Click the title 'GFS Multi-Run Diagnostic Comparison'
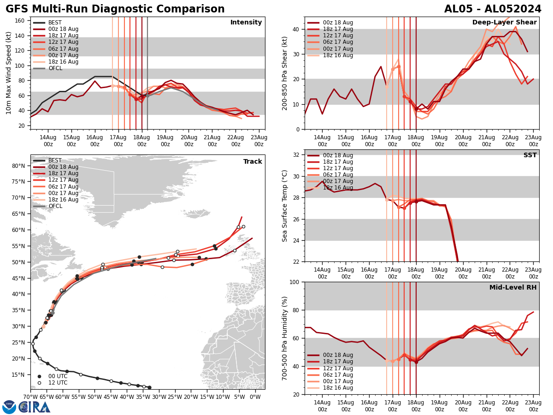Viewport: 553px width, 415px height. pyautogui.click(x=115, y=9)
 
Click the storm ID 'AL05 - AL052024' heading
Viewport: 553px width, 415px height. pyautogui.click(x=493, y=9)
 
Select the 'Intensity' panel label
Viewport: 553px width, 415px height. pyautogui.click(x=246, y=23)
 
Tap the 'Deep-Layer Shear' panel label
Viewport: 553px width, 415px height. pyautogui.click(x=504, y=23)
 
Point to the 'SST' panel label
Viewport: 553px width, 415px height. pyautogui.click(x=530, y=155)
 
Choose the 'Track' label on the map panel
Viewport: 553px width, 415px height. pyautogui.click(x=253, y=162)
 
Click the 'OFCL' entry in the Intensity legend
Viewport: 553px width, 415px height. pyautogui.click(x=55, y=68)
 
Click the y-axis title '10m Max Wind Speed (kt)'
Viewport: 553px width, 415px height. pyautogui.click(x=8, y=73)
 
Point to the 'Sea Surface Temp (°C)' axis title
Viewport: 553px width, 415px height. pyautogui.click(x=285, y=206)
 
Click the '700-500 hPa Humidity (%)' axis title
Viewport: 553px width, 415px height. pyautogui.click(x=285, y=338)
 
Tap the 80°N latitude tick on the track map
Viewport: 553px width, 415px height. pyautogui.click(x=18, y=166)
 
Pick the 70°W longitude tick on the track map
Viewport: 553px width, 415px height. pyautogui.click(x=30, y=397)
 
